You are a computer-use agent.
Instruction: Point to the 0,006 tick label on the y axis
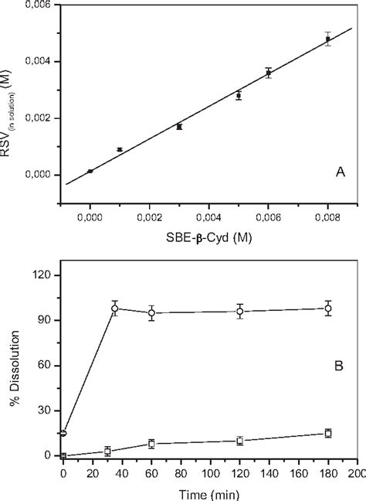(x=36, y=5)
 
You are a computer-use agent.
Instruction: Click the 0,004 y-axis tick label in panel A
(x=36, y=62)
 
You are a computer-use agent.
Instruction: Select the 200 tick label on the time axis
(x=357, y=469)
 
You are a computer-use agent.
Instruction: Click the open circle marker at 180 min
(x=328, y=308)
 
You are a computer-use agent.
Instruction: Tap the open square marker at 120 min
(x=240, y=441)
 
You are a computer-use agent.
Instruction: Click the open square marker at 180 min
(x=328, y=434)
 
